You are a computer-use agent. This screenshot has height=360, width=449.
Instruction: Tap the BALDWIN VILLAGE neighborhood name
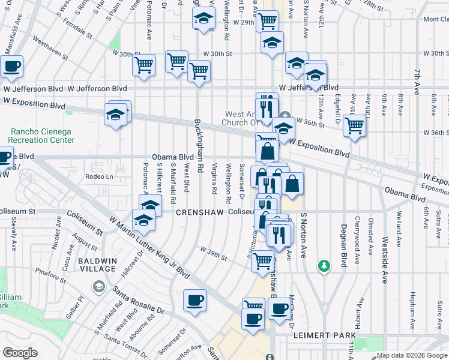pos(97,265)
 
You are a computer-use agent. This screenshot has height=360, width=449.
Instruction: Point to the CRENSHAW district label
pos(199,212)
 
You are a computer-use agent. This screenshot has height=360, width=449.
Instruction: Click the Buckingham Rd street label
pos(199,146)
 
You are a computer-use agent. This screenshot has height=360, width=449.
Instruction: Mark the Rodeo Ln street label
pos(99,176)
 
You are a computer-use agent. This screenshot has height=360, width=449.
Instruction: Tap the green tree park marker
pos(324,265)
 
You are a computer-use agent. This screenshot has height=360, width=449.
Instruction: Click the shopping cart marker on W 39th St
pos(262,260)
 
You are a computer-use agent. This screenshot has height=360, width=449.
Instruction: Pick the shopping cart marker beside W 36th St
pos(355,125)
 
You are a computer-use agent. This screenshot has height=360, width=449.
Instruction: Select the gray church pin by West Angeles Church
pos(286,116)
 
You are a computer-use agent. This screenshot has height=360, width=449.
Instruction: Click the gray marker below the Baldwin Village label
pos(97,286)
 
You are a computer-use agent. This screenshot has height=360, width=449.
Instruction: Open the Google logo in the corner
pos(20,352)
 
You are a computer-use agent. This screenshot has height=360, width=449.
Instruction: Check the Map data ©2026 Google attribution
pos(411,355)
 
